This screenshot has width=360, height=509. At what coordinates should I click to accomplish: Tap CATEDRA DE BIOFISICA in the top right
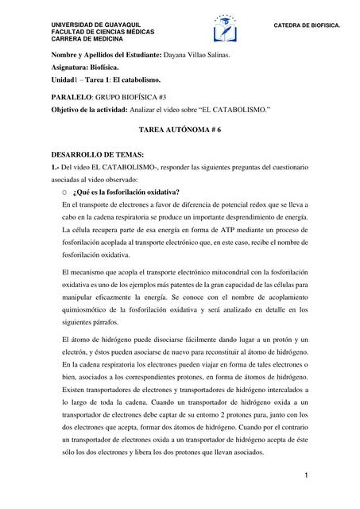pyautogui.click(x=306, y=25)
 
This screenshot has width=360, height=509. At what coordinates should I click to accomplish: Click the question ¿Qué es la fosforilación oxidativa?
pyautogui.click(x=126, y=192)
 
